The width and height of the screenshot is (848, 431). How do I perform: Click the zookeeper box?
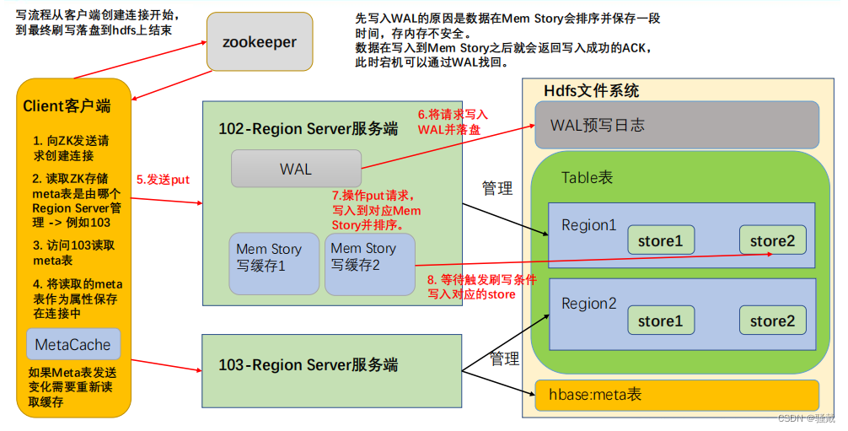[259, 42]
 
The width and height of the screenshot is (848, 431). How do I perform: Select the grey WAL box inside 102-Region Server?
[296, 169]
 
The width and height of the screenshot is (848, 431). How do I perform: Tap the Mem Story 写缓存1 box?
[273, 262]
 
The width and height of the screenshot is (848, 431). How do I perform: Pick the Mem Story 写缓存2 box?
[368, 262]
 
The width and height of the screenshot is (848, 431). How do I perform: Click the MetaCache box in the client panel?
[73, 345]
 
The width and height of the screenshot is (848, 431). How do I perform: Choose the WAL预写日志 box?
[676, 126]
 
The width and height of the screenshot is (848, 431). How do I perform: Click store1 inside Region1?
[660, 240]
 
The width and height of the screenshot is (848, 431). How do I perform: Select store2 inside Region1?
[772, 240]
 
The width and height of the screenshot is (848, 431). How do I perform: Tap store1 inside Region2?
[660, 321]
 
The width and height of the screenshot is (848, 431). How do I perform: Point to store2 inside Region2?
[772, 321]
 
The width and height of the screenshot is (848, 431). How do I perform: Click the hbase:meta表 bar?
[676, 394]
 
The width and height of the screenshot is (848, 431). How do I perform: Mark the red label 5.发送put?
[163, 179]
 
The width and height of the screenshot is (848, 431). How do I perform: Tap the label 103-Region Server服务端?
[308, 365]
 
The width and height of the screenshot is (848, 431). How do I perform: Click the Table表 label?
[588, 177]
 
